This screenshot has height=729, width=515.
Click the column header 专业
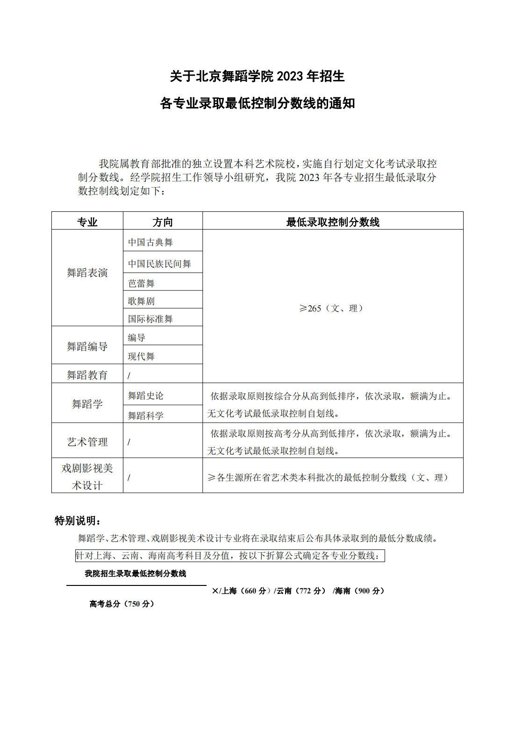87,222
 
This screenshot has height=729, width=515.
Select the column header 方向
163,222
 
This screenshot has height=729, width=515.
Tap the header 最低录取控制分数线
332,222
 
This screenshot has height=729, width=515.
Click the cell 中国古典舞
150,242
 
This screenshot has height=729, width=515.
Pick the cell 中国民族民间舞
159,264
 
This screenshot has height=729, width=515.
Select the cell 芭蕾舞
141,283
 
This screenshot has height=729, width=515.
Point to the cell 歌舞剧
141,301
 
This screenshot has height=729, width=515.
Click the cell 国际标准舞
150,319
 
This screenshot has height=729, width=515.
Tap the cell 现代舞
141,356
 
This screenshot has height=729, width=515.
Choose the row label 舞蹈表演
87,273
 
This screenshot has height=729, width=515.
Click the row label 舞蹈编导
87,346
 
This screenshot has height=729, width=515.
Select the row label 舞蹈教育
87,375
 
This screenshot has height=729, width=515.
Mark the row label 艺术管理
87,442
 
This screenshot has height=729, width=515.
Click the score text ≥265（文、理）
332,308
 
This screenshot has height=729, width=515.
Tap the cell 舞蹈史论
146,396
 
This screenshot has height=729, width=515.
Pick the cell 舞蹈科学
146,416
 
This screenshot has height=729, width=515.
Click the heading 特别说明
78,520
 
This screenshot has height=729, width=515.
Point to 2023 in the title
290,76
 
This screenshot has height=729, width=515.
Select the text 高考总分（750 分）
122,604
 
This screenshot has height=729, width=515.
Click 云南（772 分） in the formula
300,591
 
